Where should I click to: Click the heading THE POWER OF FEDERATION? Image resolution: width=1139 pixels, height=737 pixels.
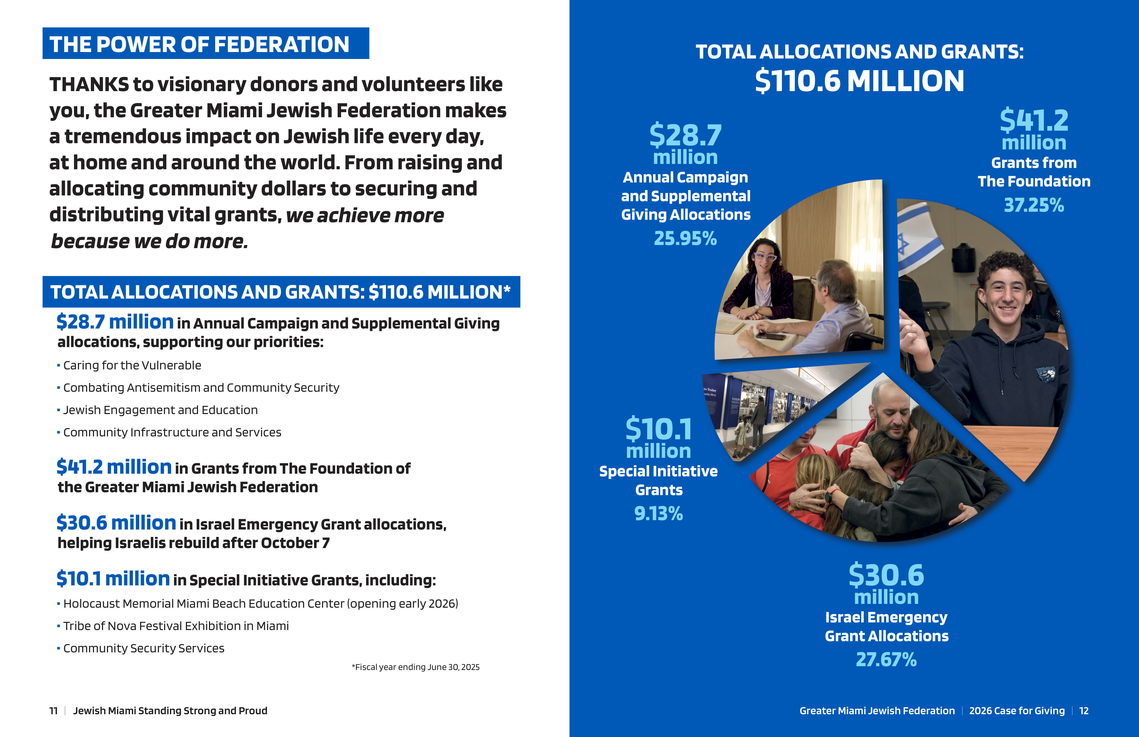(x=200, y=44)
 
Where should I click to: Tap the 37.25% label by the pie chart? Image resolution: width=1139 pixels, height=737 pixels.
(x=1034, y=205)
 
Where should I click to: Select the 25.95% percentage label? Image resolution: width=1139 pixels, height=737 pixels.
(x=685, y=238)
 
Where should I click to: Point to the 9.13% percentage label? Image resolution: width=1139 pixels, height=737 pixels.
(x=659, y=513)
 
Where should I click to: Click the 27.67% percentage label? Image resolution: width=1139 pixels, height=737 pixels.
(x=886, y=660)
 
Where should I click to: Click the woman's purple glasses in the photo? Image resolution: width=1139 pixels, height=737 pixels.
(x=764, y=257)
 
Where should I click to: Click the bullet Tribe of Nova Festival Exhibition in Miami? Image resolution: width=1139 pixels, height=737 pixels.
(x=176, y=626)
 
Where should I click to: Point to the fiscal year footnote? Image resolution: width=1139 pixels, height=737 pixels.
(x=415, y=667)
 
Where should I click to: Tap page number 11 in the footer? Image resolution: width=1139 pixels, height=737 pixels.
(x=53, y=711)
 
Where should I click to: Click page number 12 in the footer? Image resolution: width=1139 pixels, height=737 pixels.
(x=1084, y=711)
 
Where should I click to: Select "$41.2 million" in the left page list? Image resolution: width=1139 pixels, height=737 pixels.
(x=114, y=467)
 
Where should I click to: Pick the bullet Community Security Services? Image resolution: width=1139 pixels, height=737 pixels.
(x=144, y=649)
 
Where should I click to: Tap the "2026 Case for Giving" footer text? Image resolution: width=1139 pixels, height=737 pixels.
(x=1017, y=711)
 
